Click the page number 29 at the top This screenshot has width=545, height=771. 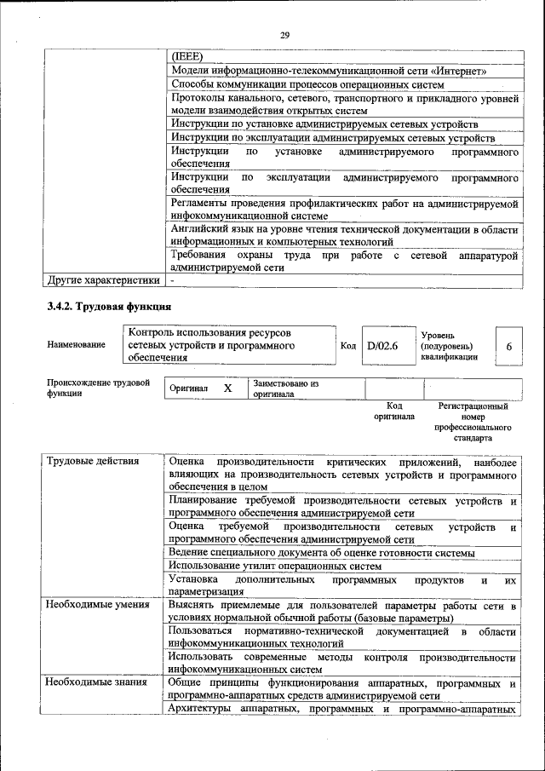tap(284, 34)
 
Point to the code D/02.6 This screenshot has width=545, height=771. tap(382, 347)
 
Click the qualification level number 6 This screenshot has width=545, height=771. tap(508, 347)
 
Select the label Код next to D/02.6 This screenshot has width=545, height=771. tap(348, 346)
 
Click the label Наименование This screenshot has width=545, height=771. tap(77, 345)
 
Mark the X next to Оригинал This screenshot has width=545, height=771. tap(227, 388)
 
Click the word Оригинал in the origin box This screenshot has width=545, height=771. tap(189, 388)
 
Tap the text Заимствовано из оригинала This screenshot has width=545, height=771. tap(285, 389)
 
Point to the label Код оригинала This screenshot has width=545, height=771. tap(393, 411)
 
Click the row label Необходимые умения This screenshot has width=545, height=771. tap(97, 605)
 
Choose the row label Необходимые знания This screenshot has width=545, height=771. tap(96, 683)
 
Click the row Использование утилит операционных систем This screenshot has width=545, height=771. tap(274, 566)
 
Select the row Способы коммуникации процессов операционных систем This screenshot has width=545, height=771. tap(307, 84)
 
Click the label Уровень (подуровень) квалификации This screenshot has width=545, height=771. tap(449, 347)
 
